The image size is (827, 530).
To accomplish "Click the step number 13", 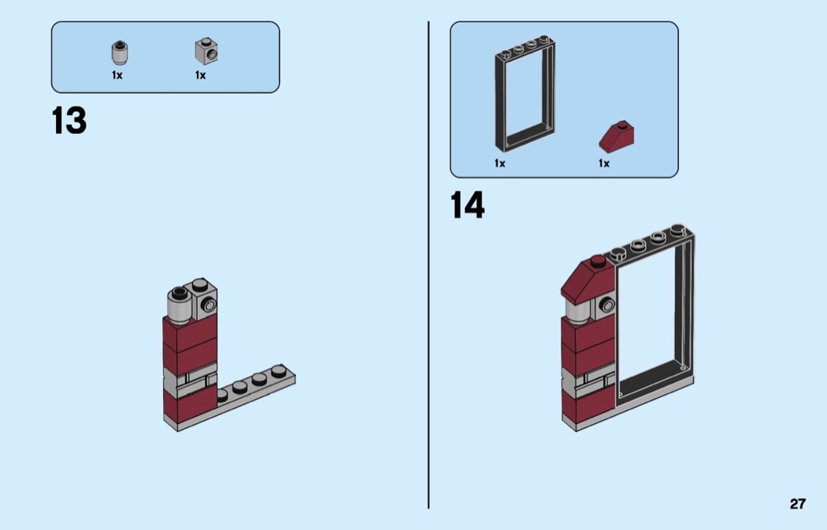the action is pyautogui.click(x=69, y=120).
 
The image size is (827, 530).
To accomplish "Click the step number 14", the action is pyautogui.click(x=467, y=205).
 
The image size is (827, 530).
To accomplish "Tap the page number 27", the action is pyautogui.click(x=797, y=504).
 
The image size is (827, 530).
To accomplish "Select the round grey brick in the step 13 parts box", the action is pyautogui.click(x=121, y=53).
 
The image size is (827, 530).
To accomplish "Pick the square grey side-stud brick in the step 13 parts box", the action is pyautogui.click(x=206, y=50).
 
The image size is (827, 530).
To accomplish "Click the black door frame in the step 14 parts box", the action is pyautogui.click(x=499, y=95).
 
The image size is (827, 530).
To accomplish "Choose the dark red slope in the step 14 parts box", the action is pyautogui.click(x=617, y=136).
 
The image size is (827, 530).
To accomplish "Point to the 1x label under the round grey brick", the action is pyautogui.click(x=117, y=76).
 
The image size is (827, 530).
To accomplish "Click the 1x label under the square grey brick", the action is pyautogui.click(x=200, y=76).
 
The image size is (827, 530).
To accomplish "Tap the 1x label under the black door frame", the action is pyautogui.click(x=499, y=164).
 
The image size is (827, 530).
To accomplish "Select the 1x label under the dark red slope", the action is pyautogui.click(x=604, y=164).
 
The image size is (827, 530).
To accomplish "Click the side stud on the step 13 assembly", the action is pyautogui.click(x=209, y=304).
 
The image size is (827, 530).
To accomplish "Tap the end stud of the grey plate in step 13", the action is pyautogui.click(x=280, y=372).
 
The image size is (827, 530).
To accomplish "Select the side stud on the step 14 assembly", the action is pyautogui.click(x=607, y=304).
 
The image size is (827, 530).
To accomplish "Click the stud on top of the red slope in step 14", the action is pyautogui.click(x=598, y=261).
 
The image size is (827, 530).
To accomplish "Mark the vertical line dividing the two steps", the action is pyautogui.click(x=428, y=265).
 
